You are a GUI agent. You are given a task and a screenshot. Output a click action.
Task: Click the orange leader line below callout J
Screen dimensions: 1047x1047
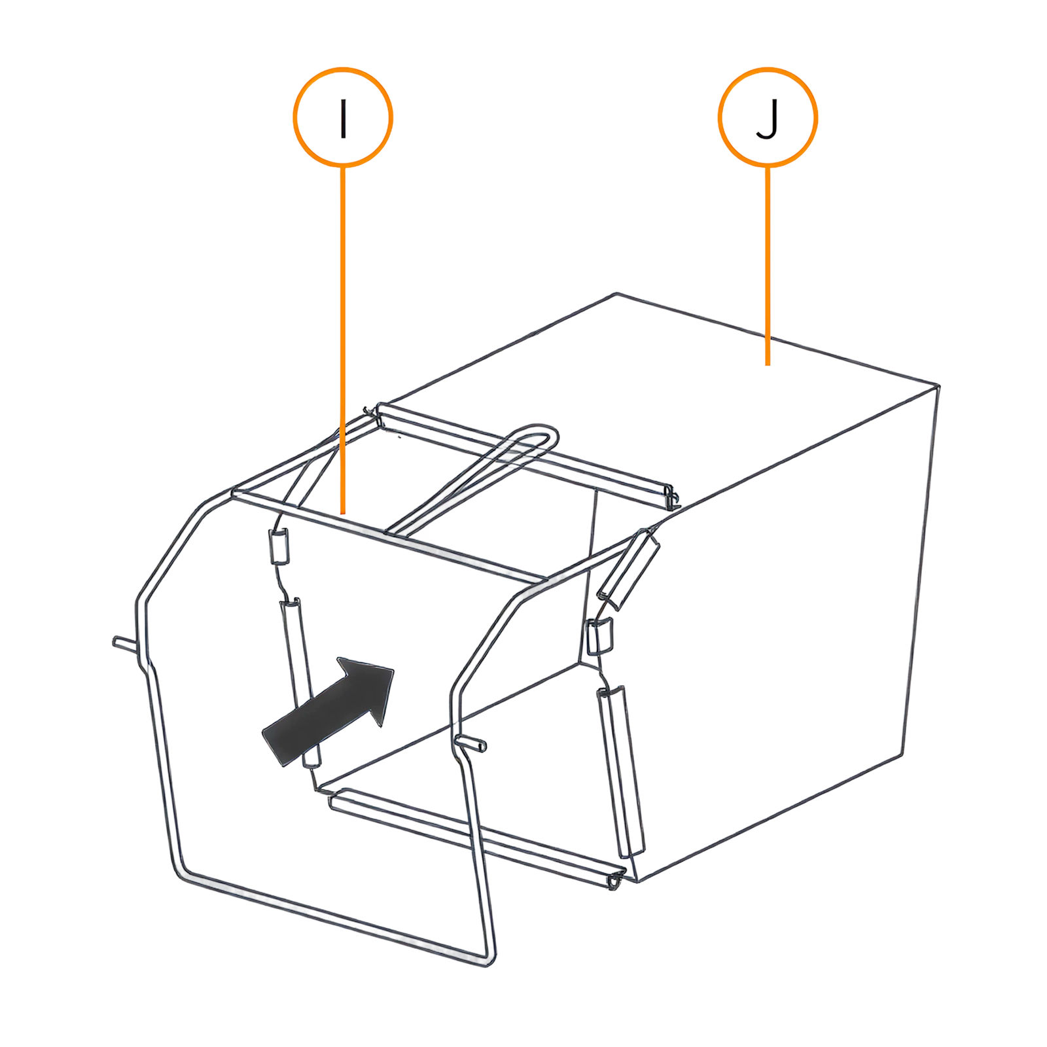(x=768, y=266)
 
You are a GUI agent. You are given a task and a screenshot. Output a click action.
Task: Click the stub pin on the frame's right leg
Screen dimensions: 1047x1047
(x=473, y=743)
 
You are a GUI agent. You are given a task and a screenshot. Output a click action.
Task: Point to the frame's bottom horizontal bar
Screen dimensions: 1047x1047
(x=334, y=914)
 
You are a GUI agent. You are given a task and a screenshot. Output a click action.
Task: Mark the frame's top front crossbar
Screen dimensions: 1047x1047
(x=389, y=535)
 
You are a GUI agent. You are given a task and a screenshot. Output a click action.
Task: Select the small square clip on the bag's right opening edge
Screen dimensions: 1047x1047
(x=599, y=636)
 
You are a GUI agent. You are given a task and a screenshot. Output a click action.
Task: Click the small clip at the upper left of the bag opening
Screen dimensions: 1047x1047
(x=279, y=546)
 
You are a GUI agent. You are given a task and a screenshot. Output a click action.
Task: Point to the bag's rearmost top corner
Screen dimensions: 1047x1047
(x=616, y=293)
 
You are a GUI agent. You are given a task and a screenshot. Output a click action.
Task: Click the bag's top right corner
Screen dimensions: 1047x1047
(x=938, y=386)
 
